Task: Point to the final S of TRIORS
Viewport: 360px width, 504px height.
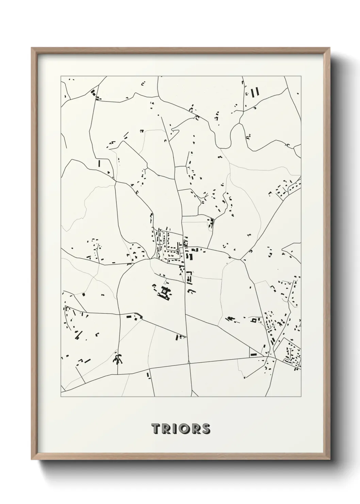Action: click(206, 428)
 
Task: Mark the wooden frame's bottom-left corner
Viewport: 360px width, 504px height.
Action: click(32, 459)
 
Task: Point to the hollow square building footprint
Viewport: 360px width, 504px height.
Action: click(253, 320)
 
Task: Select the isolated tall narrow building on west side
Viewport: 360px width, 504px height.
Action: click(99, 163)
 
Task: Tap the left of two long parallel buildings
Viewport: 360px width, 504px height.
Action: click(252, 92)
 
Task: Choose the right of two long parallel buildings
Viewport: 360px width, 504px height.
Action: click(257, 92)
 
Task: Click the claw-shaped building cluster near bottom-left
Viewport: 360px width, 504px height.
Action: click(118, 358)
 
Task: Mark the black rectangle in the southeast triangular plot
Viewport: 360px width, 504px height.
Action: click(253, 354)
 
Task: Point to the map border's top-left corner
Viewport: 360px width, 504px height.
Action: click(61, 76)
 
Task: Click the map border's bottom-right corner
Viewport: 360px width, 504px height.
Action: click(301, 397)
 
